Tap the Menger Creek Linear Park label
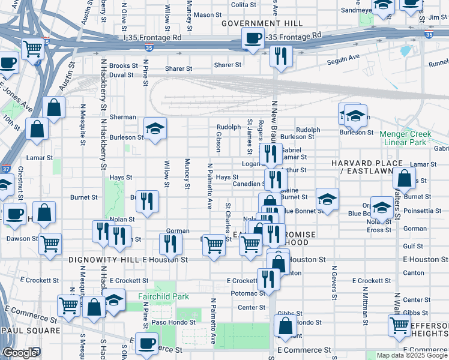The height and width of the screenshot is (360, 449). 406,138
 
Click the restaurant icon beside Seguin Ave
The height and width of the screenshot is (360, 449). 281,56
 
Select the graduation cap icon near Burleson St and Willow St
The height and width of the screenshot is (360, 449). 155,128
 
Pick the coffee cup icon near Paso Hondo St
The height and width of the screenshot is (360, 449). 146,343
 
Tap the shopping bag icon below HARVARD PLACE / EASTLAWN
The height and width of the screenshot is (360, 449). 405,178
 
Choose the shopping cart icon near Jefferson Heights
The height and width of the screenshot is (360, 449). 399,326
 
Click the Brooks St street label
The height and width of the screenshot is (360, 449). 124,66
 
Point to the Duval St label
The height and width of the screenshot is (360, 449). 121,75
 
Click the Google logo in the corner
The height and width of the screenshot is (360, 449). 19,353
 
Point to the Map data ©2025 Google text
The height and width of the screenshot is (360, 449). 411,355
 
